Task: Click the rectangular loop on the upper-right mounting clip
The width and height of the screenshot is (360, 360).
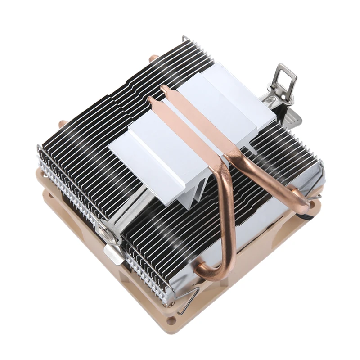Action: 286,79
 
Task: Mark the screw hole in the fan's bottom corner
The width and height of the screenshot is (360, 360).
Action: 172,320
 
